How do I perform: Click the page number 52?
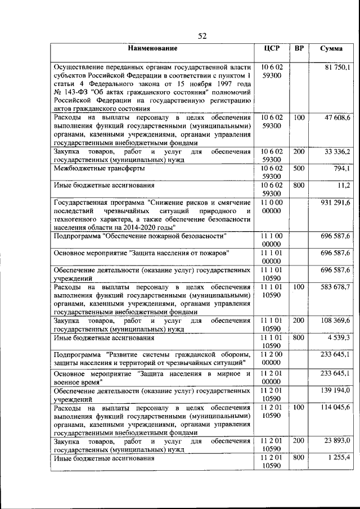pyautogui.click(x=202, y=36)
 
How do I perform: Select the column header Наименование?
pyautogui.click(x=152, y=48)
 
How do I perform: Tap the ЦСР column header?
pyautogui.click(x=272, y=48)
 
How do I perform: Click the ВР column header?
pyautogui.click(x=299, y=48)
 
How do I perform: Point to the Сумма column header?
pyautogui.click(x=331, y=48)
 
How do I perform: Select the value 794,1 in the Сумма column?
pyautogui.click(x=341, y=168)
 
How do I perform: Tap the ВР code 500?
pyautogui.click(x=299, y=168)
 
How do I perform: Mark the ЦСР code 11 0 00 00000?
pyautogui.click(x=272, y=206)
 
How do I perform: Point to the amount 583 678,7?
pyautogui.click(x=336, y=287)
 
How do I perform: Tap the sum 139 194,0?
pyautogui.click(x=336, y=390)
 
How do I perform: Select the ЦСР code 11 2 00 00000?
pyautogui.click(x=272, y=358)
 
